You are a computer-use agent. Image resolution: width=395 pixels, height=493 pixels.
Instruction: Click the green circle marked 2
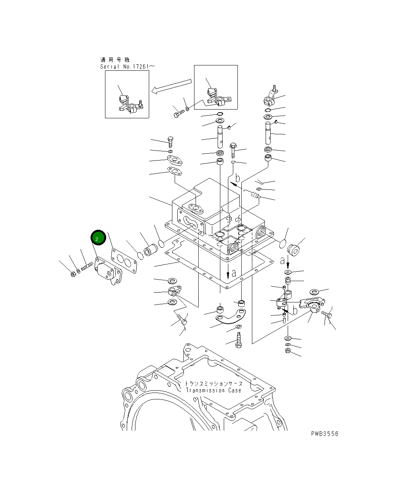point(97,238)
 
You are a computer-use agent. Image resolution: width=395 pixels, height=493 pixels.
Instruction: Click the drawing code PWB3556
point(324,434)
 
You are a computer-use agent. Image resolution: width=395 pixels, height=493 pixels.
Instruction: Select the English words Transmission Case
point(213,390)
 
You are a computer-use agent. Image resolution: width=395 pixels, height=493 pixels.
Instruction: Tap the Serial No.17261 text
point(127,67)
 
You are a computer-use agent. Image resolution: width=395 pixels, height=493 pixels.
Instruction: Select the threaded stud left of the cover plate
point(87,266)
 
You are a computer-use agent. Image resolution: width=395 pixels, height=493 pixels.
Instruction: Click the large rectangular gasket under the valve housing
point(220,266)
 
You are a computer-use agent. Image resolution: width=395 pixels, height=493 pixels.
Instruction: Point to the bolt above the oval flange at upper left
point(170,142)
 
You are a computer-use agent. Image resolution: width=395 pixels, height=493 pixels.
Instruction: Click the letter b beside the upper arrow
point(237,177)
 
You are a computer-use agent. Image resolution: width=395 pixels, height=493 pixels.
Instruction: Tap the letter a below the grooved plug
point(282,261)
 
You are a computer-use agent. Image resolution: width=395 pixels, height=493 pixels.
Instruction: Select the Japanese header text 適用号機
point(115,60)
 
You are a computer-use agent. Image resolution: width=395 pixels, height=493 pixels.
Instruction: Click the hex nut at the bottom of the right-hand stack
point(288,350)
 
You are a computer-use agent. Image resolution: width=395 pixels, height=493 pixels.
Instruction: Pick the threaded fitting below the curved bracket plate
point(239,339)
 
